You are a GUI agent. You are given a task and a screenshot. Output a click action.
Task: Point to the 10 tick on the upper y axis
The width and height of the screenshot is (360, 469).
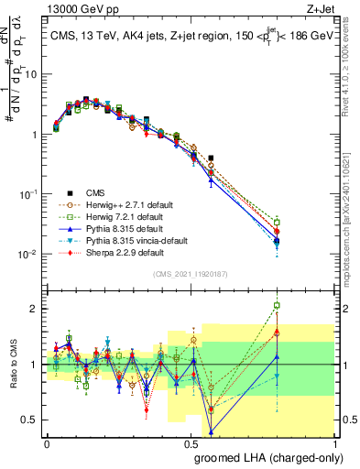(31, 74)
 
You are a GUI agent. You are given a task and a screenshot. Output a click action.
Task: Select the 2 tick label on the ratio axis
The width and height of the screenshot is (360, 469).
(35, 309)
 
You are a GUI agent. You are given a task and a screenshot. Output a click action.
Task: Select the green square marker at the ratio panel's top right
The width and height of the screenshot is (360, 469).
(328, 306)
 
